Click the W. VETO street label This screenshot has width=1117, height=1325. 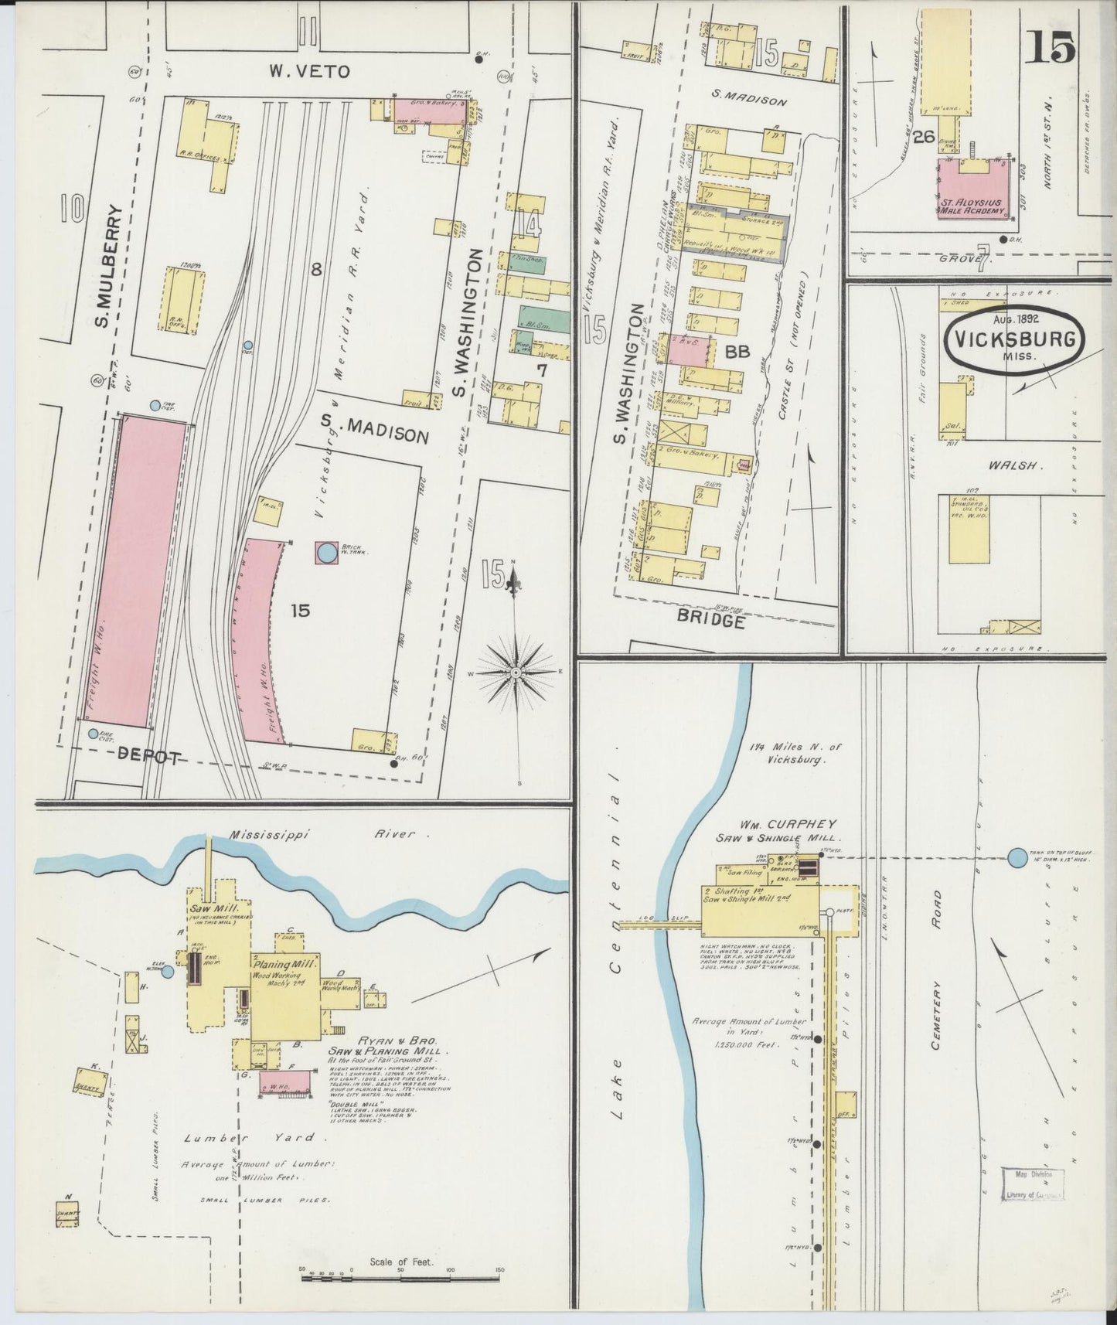pos(309,71)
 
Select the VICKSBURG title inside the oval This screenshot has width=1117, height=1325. pos(1014,339)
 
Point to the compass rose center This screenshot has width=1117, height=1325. pos(516,673)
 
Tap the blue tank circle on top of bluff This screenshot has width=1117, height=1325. pos(1017,857)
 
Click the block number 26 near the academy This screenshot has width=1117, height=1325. pos(922,138)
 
